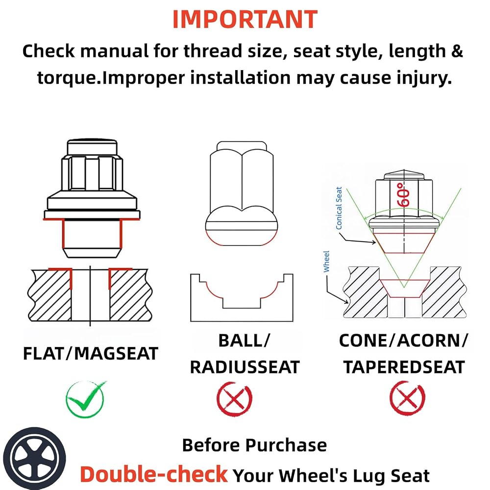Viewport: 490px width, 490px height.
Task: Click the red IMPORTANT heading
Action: tap(245, 20)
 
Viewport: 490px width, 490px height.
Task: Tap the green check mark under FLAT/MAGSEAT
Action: tap(85, 399)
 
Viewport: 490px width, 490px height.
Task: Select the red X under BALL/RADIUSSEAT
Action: tap(234, 399)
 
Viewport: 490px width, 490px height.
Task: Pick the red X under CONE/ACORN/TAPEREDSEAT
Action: tap(407, 398)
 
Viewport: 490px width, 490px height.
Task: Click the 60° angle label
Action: tap(403, 195)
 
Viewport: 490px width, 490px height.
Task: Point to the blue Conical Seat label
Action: tap(339, 208)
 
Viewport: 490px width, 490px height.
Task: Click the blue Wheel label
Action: tap(326, 261)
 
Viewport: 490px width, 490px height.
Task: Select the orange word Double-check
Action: tap(154, 474)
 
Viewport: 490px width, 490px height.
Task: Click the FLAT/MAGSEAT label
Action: tap(91, 354)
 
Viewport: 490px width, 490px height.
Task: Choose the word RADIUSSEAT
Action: tap(245, 367)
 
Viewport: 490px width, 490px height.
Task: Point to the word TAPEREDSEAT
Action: tap(404, 367)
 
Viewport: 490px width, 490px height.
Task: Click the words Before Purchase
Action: tap(254, 445)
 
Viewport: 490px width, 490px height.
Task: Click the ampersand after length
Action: tap(457, 51)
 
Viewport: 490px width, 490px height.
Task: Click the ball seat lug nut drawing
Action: tap(242, 193)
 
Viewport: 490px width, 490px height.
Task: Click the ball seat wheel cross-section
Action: tap(242, 298)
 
